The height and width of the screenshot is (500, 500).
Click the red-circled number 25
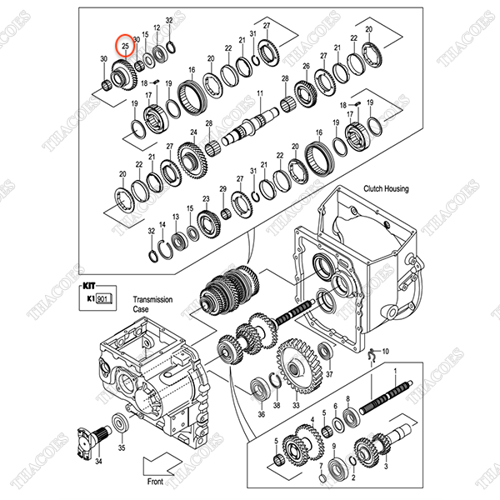coord(124,42)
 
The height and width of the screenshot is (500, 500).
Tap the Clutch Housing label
coord(385,189)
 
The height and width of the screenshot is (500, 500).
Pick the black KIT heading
coord(91,283)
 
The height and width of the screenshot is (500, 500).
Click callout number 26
coord(306,66)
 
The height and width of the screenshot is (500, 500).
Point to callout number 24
coord(192,132)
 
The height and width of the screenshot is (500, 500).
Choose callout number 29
coord(222,190)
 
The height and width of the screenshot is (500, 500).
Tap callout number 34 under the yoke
coord(97,460)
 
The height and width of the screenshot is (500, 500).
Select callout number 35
coord(122,448)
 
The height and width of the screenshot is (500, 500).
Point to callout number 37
coord(328,375)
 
